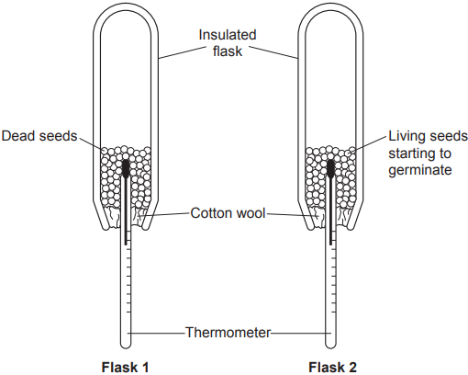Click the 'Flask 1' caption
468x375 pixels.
(x=125, y=367)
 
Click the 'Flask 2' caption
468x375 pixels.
(x=332, y=367)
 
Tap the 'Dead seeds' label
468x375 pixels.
(x=39, y=136)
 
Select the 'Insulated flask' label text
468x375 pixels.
(x=228, y=43)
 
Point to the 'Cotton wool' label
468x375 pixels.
(x=228, y=213)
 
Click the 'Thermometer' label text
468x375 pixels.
(x=228, y=332)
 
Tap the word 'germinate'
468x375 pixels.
(x=420, y=170)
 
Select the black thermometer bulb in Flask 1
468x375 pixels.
(x=126, y=168)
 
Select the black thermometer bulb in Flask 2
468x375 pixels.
(x=330, y=168)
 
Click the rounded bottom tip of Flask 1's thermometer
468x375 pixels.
(x=126, y=347)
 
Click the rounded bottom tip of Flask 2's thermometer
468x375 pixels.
(x=330, y=347)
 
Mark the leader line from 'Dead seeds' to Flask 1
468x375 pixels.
(x=91, y=143)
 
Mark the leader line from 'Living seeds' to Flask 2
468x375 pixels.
(x=369, y=143)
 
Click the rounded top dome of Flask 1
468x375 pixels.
(x=126, y=10)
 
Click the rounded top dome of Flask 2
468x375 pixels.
(x=330, y=10)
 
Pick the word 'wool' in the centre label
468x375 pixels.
(x=252, y=213)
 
